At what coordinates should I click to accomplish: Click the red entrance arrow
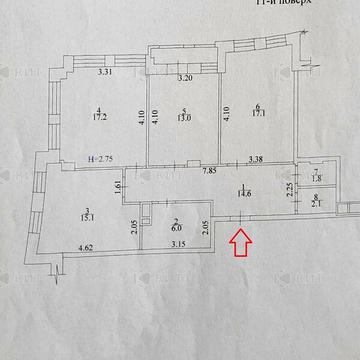241,241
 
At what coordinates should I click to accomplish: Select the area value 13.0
185,118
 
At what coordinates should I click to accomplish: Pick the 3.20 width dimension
185,78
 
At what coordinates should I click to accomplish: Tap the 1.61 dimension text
119,185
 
